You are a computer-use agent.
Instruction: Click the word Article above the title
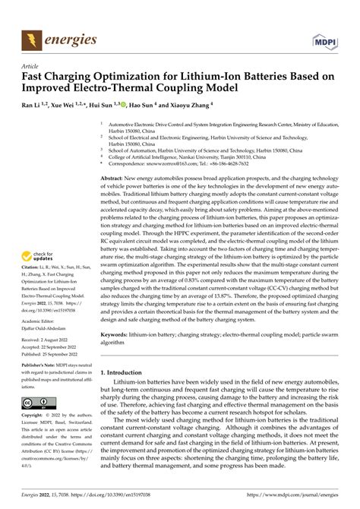30,67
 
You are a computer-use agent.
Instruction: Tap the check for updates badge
43,237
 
